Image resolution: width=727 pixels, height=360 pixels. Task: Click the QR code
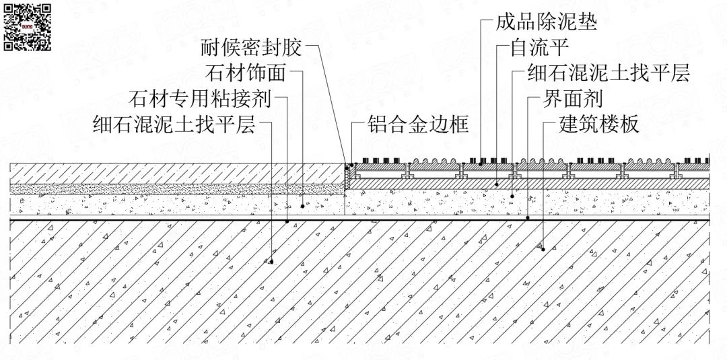[28, 28]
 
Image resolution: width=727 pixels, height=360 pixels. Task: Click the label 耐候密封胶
[252, 47]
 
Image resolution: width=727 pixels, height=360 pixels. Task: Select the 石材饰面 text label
[246, 73]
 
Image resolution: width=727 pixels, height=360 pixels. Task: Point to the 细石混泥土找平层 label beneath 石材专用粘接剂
[174, 124]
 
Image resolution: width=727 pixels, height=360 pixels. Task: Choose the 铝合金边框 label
[418, 124]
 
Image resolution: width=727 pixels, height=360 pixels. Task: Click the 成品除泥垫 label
[546, 22]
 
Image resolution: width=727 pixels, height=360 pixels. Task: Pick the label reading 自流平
[539, 47]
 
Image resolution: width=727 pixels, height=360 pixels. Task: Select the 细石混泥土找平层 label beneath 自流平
[609, 73]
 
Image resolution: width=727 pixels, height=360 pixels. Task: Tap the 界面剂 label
[573, 99]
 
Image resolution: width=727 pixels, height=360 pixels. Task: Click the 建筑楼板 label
[599, 124]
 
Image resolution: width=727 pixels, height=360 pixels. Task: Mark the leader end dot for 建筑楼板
[543, 249]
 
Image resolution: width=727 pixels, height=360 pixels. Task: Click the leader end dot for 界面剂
[528, 217]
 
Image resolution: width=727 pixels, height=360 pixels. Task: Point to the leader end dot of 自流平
[497, 184]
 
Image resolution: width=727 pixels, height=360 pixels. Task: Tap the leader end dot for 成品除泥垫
[481, 164]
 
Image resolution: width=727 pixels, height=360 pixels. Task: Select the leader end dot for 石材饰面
[303, 206]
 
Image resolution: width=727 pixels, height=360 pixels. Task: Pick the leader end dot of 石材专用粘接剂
[287, 221]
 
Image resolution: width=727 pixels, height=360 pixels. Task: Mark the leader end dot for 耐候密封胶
[347, 168]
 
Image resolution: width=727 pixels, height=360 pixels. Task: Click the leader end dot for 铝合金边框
[352, 165]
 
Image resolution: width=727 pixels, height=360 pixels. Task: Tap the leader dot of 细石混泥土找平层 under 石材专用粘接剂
[271, 262]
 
